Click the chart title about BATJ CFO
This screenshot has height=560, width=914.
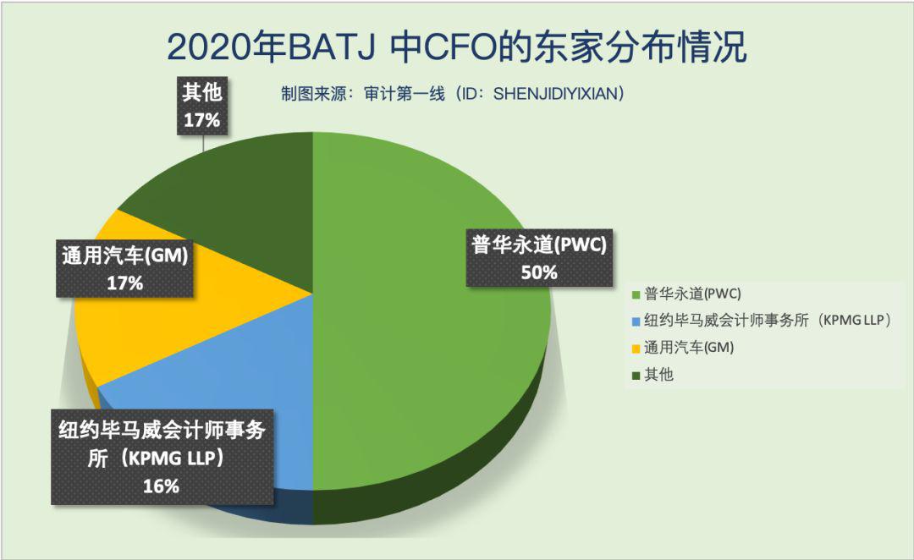[456, 47]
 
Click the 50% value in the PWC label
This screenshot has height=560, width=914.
[539, 272]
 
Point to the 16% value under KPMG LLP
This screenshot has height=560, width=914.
[161, 486]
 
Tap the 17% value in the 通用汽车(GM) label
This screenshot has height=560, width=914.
[124, 283]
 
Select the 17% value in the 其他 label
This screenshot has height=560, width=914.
[201, 120]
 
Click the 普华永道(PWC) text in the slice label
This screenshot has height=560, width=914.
[539, 244]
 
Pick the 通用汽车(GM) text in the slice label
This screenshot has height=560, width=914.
[124, 255]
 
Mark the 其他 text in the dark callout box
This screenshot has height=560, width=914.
[201, 92]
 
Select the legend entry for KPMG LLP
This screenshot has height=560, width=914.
[762, 321]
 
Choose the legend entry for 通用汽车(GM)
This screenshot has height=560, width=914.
[683, 348]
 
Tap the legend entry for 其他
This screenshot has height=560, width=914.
[652, 375]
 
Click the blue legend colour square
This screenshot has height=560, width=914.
[636, 321]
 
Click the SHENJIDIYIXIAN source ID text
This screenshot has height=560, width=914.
[555, 93]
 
